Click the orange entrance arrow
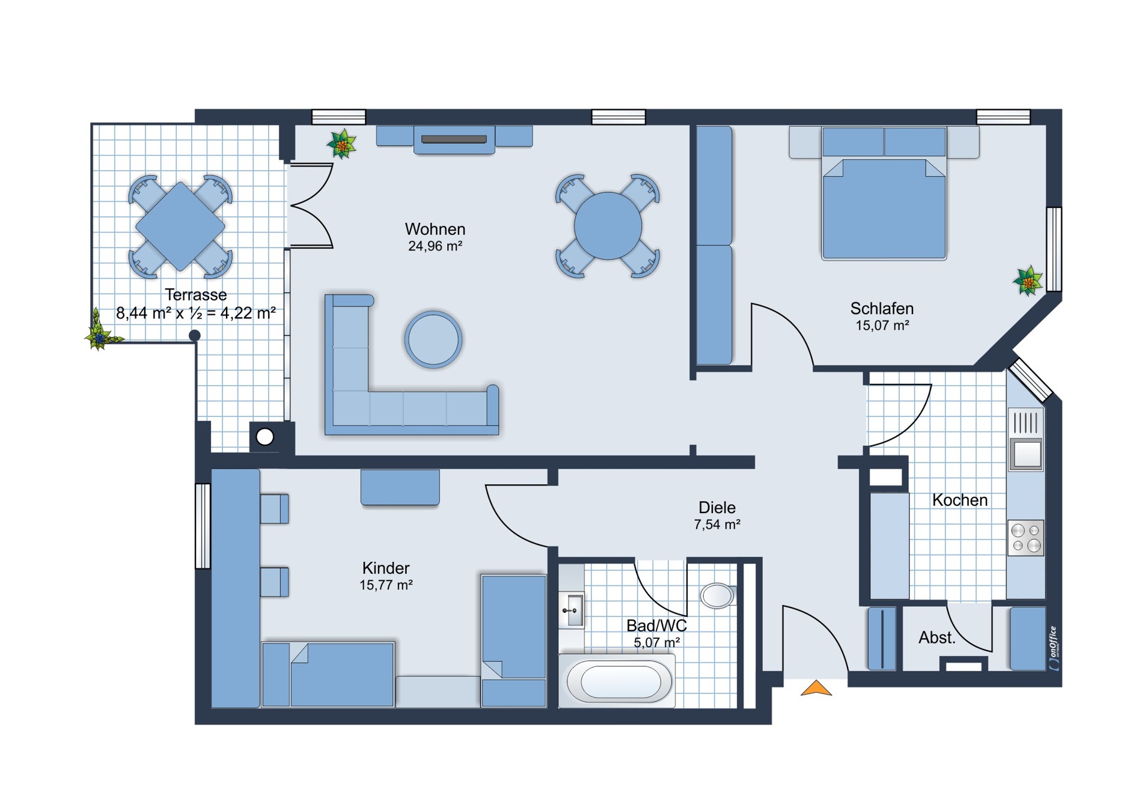816,689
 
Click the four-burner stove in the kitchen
1026,538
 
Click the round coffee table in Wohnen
433,339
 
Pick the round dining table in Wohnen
608,227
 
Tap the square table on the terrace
180,227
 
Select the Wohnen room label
435,229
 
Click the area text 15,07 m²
882,326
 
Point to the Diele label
717,507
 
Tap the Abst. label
937,638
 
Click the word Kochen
960,500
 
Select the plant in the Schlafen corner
1028,281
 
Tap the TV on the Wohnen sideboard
454,139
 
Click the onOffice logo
1054,648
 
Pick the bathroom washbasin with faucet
572,611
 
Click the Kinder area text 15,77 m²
386,585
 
